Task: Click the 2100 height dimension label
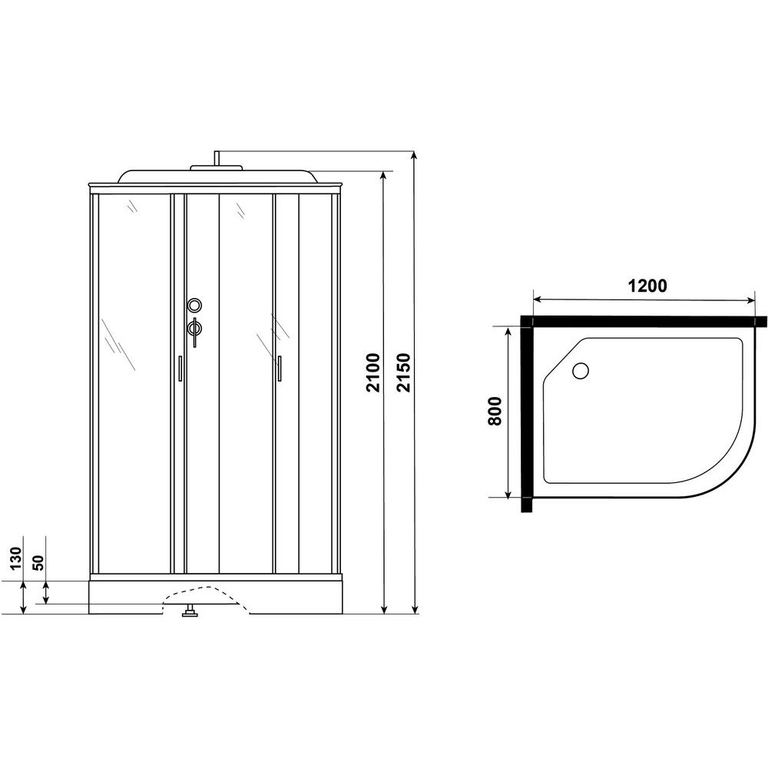[374, 372]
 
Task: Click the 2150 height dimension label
[404, 372]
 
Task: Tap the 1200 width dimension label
[647, 285]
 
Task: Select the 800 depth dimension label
[495, 411]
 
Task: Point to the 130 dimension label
[16, 558]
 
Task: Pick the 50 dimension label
[38, 562]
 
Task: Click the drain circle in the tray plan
[581, 370]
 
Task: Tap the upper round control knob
[194, 306]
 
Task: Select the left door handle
[180, 368]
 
